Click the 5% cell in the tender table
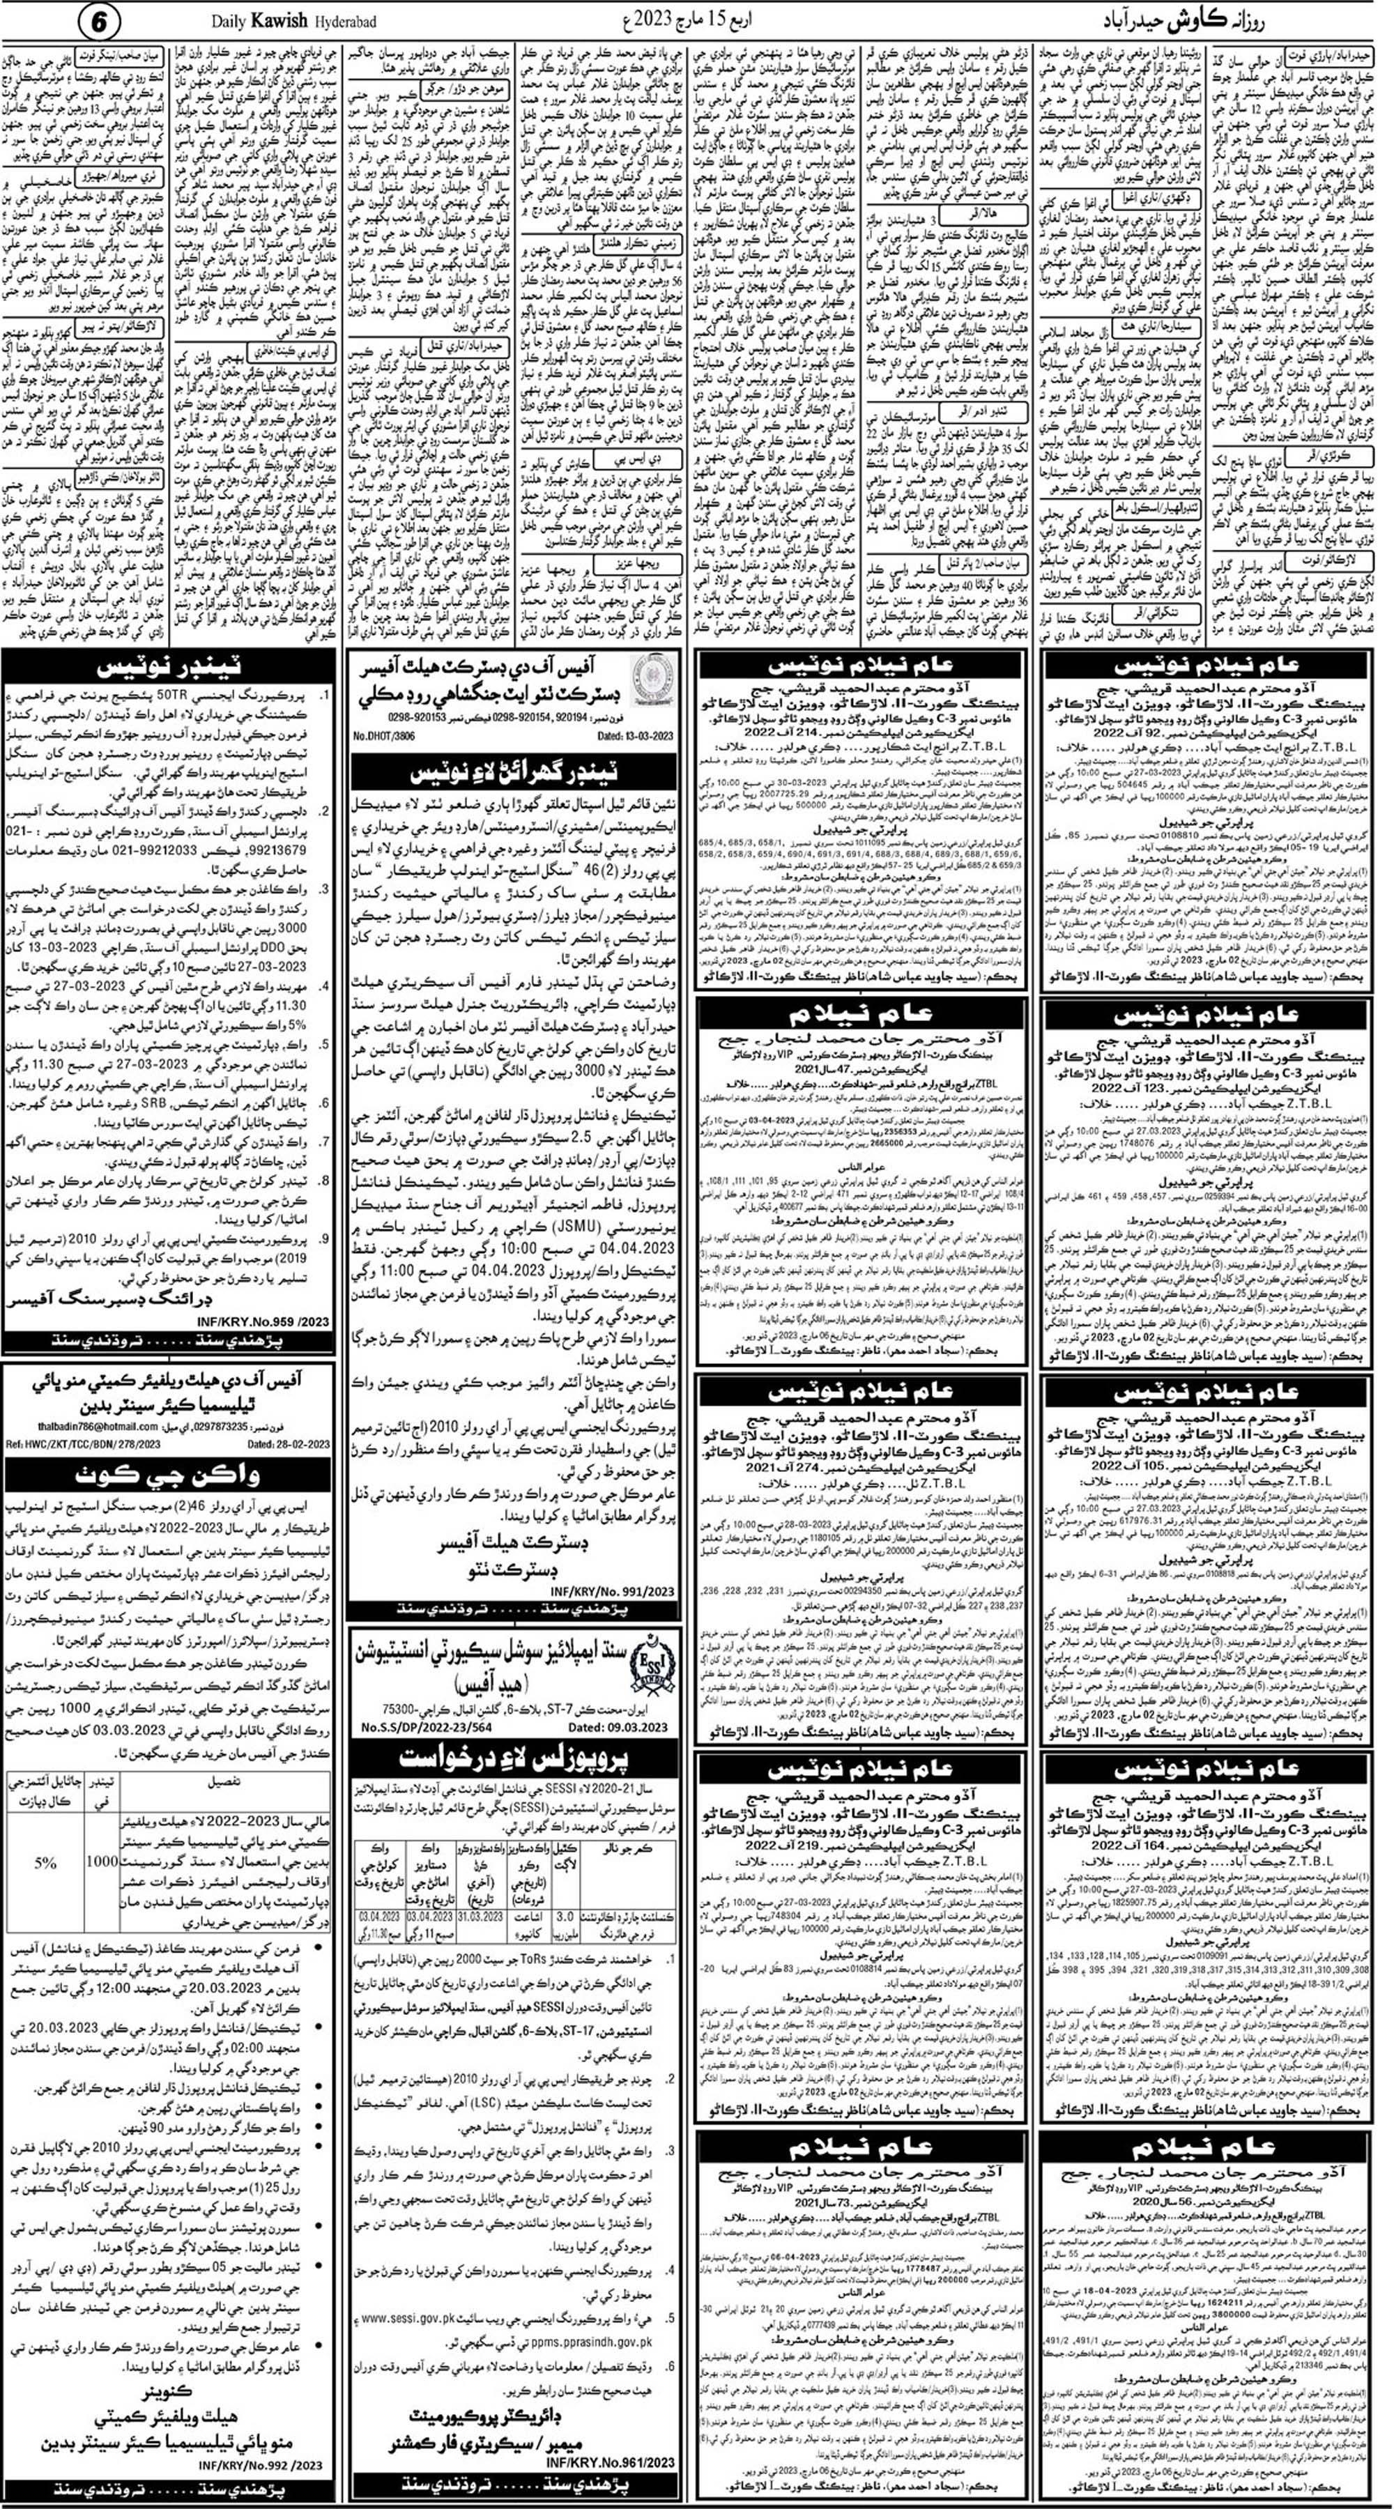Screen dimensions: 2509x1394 (x=45, y=1863)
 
